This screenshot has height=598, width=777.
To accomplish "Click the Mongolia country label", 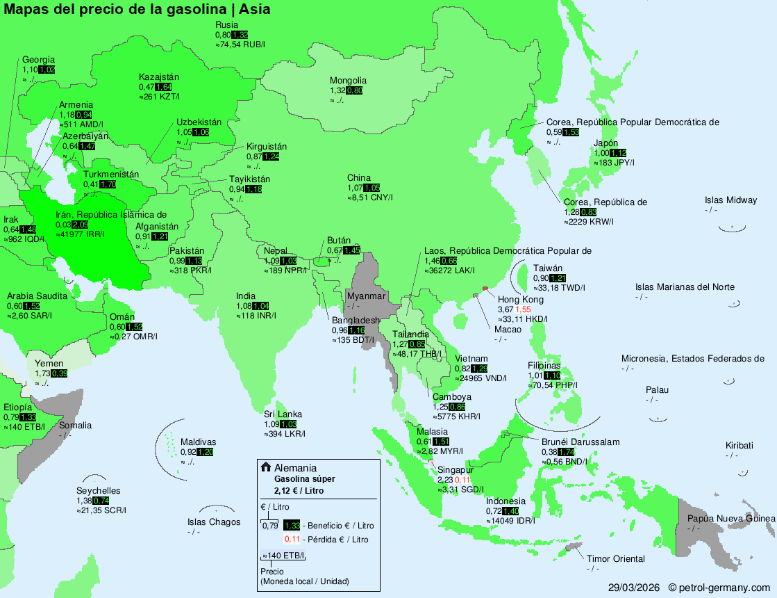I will (348, 81).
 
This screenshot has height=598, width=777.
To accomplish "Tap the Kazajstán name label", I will (159, 77).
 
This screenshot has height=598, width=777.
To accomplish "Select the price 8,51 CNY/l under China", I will (370, 197).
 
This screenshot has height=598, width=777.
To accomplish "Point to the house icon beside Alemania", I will (266, 467).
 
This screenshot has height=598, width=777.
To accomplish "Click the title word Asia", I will (255, 9).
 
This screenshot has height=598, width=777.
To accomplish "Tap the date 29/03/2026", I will (634, 588).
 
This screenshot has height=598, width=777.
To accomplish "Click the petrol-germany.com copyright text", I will (719, 588).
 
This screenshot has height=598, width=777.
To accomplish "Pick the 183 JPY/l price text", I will (614, 163).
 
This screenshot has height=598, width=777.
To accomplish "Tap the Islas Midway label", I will (730, 200).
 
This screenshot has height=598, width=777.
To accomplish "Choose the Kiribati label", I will (741, 446).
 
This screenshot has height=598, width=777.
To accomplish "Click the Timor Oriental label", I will (615, 559).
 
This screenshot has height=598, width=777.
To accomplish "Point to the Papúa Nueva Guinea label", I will (730, 519).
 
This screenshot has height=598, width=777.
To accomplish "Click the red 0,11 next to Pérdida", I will (292, 539).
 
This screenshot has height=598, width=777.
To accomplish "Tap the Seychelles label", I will (98, 491).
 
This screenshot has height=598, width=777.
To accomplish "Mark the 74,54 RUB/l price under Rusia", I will (240, 44).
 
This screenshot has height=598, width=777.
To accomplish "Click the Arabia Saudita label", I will (37, 296).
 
